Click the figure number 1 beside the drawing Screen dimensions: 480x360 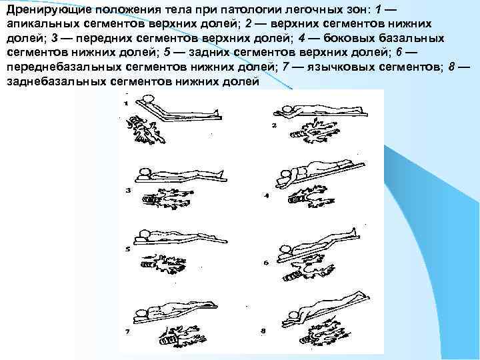(x=125, y=104)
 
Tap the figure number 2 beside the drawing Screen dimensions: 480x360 (x=274, y=125)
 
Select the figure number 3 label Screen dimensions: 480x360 (x=128, y=191)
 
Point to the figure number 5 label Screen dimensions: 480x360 (x=127, y=249)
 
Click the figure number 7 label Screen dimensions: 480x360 (x=127, y=331)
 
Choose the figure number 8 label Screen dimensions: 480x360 (x=263, y=331)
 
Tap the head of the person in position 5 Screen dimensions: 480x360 (x=145, y=233)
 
